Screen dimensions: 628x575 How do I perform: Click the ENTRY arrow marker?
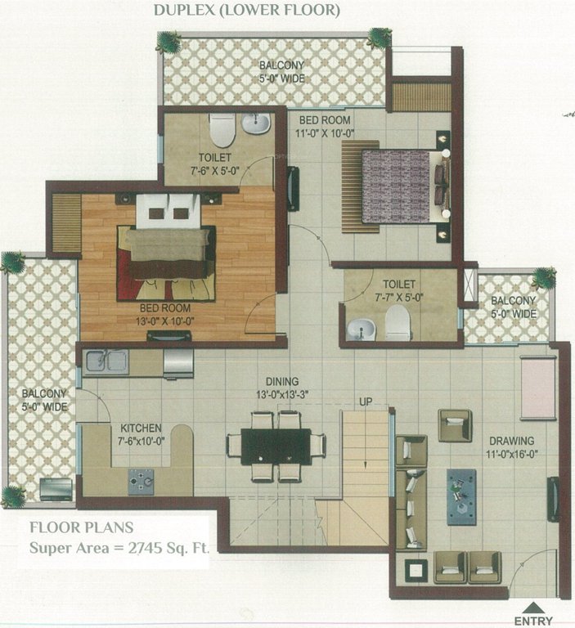pos(535,608)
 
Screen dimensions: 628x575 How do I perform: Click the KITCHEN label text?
pos(140,428)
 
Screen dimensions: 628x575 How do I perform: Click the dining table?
pos(276,446)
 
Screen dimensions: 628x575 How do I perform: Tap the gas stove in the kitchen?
pos(142,480)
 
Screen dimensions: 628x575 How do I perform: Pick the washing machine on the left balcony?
pos(56,489)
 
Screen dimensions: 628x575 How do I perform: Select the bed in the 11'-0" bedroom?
pos(402,184)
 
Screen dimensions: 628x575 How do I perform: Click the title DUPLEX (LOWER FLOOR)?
pos(246,11)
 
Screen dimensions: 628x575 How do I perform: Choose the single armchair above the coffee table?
pos(454,425)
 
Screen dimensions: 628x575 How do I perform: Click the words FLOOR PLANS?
pos(81,527)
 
